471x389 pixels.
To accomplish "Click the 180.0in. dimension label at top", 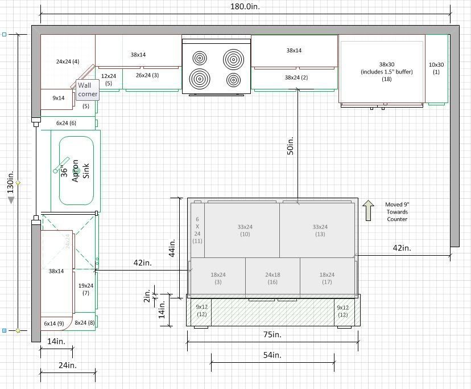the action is [x=245, y=6].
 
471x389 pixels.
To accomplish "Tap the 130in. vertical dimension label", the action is [x=10, y=182].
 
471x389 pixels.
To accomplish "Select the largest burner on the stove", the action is [x=233, y=59].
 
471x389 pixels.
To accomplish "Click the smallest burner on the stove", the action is [x=233, y=80].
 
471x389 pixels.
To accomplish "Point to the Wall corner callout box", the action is [x=88, y=89].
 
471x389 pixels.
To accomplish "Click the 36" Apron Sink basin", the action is [x=76, y=171].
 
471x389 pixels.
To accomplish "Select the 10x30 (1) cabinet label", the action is [x=436, y=68].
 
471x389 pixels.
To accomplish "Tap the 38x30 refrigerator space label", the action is [x=387, y=72].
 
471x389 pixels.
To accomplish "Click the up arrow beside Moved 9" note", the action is [x=368, y=211].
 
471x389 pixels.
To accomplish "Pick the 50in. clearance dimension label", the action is [x=290, y=146].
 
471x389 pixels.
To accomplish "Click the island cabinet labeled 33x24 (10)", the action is [x=242, y=231].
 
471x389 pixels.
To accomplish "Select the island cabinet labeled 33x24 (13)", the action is [x=317, y=231].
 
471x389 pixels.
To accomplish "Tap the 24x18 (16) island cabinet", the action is [x=272, y=277].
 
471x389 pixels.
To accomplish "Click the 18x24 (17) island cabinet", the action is [x=327, y=277].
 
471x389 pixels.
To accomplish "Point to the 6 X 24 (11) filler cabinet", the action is [x=197, y=230].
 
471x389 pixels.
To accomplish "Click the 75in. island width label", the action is [x=272, y=334].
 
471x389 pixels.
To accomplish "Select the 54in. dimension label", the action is [x=272, y=355].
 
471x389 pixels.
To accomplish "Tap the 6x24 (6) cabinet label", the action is [x=66, y=123].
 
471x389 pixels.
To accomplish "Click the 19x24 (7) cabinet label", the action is [x=86, y=289].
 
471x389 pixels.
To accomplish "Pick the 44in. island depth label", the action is [x=172, y=248].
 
